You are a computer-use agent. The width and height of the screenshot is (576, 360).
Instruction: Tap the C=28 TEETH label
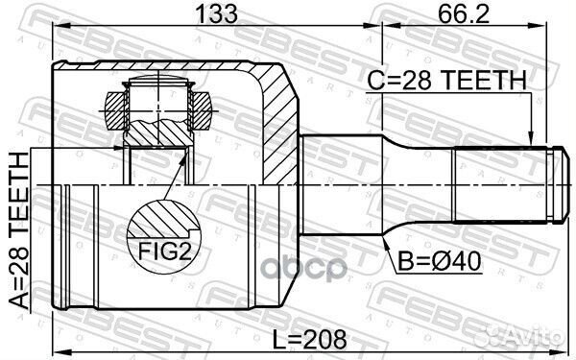pos(447,82)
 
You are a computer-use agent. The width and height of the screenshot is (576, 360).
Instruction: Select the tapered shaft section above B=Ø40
pos(413,182)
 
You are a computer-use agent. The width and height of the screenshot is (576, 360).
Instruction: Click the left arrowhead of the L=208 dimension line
pos(56,351)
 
